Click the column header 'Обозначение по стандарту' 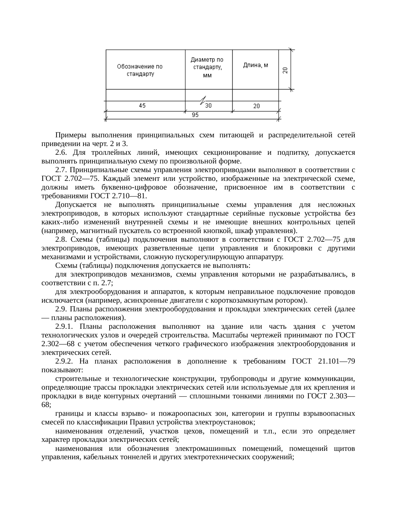pos(140,70)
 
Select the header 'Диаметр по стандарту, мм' pos(207,67)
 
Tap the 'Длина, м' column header pos(255,66)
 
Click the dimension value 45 pos(142,106)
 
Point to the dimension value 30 pos(208,106)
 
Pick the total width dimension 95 pos(195,115)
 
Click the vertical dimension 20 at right pos(285,71)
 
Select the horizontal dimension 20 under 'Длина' pos(256,106)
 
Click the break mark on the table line pos(203,100)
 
